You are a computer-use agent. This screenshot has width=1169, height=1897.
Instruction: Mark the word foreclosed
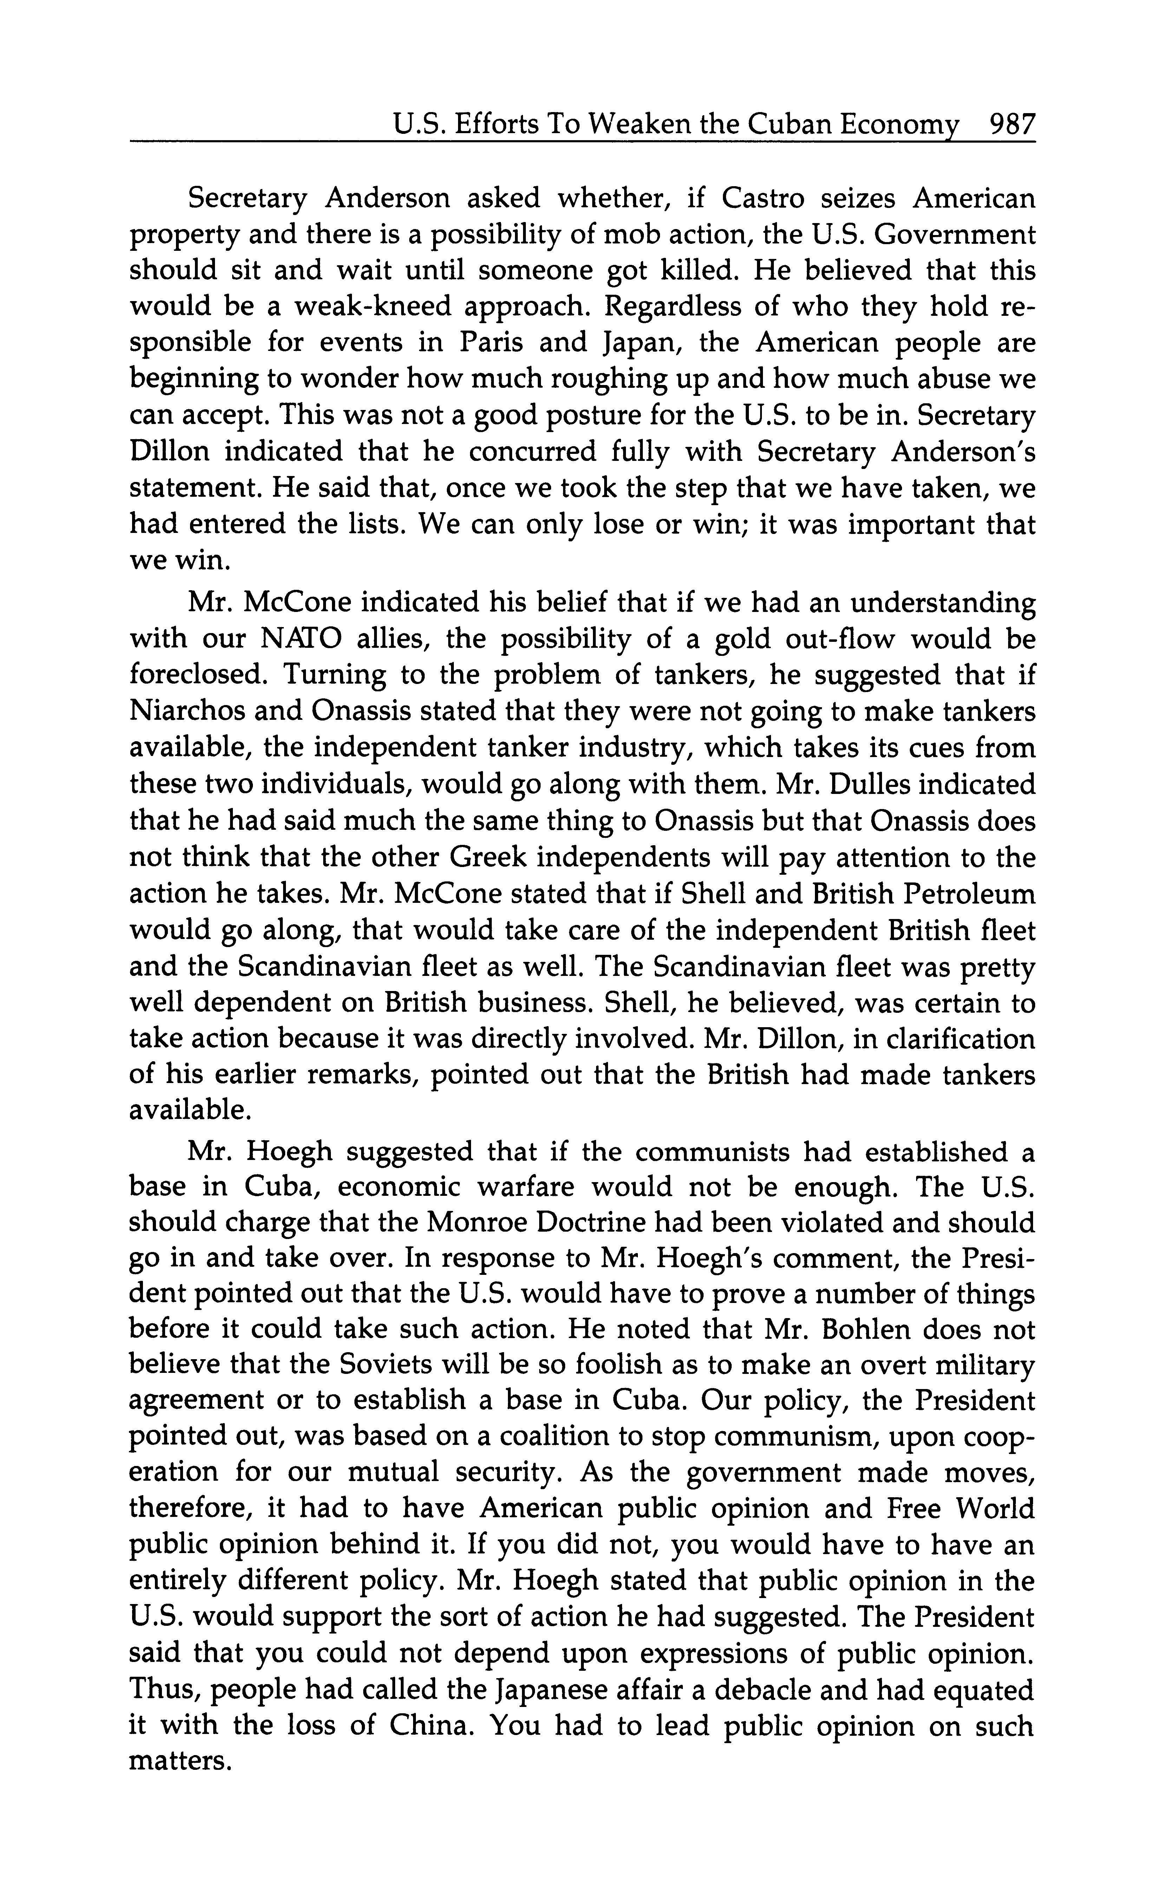tap(198, 675)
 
